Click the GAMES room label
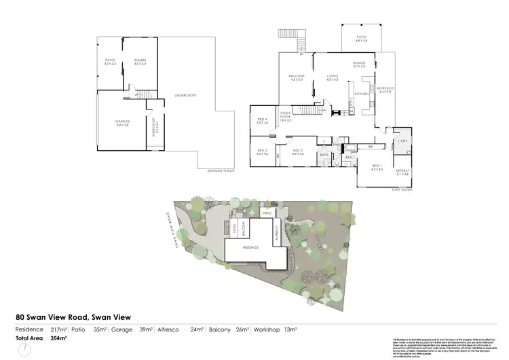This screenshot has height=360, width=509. click(141, 61)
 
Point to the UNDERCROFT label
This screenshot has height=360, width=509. click(185, 95)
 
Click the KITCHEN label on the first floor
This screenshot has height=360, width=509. click(361, 93)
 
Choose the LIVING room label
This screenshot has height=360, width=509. click(332, 77)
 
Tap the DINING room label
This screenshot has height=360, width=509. click(359, 64)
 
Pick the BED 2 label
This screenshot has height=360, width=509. click(297, 153)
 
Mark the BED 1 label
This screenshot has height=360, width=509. click(377, 167)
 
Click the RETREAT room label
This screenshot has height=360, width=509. click(404, 172)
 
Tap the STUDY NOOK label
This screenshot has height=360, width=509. click(286, 116)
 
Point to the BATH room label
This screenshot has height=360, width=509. click(324, 155)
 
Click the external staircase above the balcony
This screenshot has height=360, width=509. click(299, 43)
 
